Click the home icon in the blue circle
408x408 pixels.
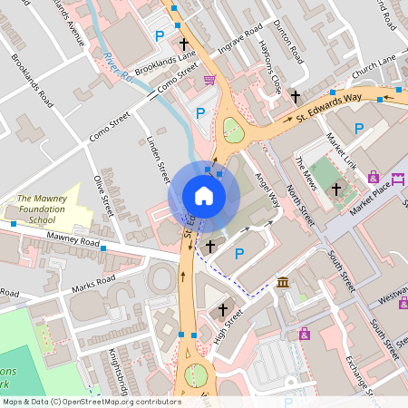point(204,196)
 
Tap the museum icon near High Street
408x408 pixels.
point(283,283)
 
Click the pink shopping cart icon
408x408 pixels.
point(210,81)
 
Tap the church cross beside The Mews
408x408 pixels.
point(336,189)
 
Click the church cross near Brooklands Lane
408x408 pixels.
point(184,44)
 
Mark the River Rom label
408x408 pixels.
point(119,68)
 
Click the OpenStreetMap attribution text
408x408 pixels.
point(91,402)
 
